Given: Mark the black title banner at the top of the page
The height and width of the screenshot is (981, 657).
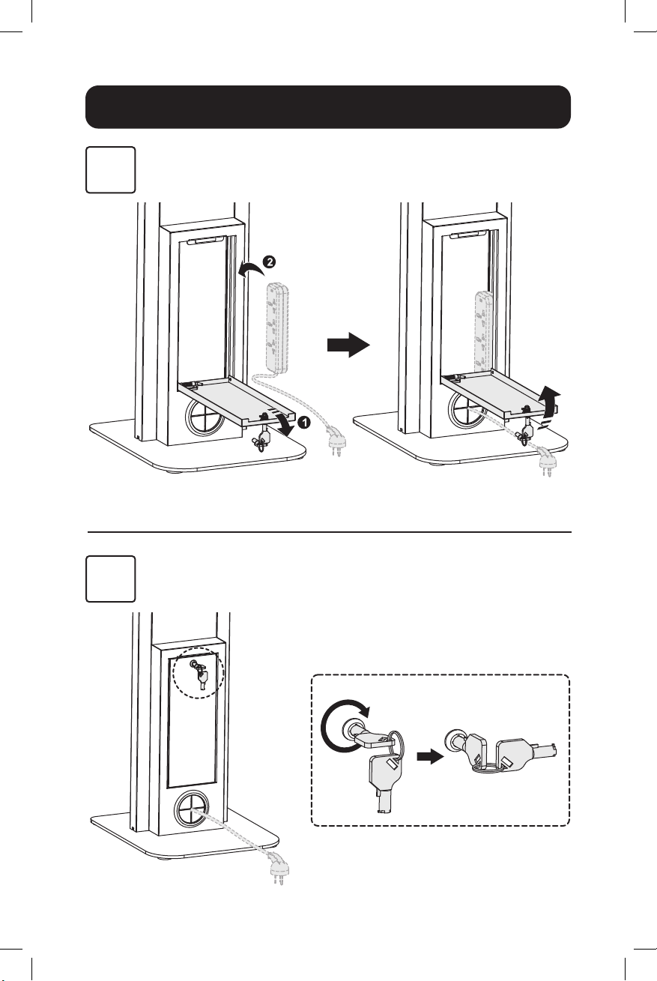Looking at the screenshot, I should point(328,107).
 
